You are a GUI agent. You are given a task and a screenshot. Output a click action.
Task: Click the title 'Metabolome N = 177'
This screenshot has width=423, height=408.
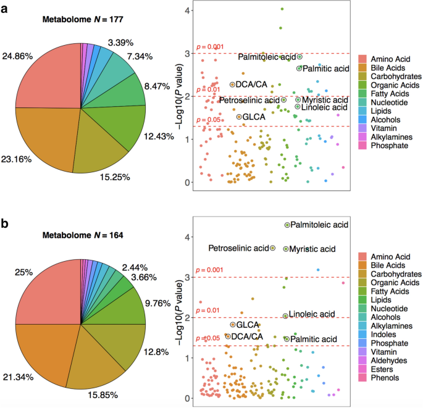click(x=83, y=19)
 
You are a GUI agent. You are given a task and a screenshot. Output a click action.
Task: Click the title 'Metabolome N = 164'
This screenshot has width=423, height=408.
click(x=83, y=235)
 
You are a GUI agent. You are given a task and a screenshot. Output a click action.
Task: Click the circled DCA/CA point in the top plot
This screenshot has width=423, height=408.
click(x=232, y=85)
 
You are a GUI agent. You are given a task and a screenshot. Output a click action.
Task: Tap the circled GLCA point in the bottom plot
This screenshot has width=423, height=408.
click(x=232, y=325)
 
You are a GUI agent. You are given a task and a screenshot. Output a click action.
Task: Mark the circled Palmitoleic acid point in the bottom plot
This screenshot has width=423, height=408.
click(x=287, y=225)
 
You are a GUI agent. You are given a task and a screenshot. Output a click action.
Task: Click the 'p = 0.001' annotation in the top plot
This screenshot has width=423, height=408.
click(x=209, y=47)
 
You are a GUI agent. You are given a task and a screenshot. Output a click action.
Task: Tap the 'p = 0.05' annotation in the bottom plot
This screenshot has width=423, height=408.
click(x=207, y=338)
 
